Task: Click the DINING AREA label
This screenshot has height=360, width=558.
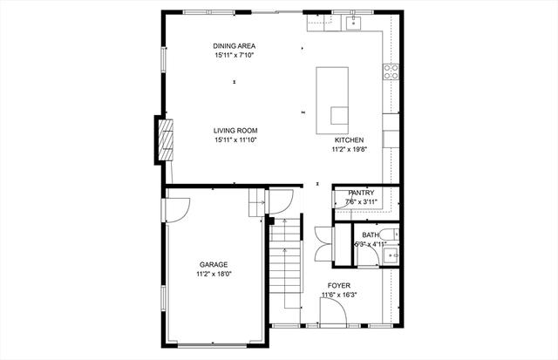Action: tap(235, 46)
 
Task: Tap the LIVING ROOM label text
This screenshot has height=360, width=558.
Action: tap(235, 131)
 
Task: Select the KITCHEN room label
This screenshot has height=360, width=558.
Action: tap(349, 140)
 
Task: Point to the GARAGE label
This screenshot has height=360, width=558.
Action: tap(214, 265)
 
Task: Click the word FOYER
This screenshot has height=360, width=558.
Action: tap(339, 285)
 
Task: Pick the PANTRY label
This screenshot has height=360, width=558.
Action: tap(361, 193)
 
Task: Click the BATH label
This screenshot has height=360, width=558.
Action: tap(371, 234)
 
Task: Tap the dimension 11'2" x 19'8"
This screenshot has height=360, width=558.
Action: tap(349, 149)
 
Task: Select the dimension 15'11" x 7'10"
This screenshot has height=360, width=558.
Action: tap(235, 55)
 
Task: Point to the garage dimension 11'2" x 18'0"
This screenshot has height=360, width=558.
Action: tap(214, 274)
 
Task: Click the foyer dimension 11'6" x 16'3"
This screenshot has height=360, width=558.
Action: tap(339, 295)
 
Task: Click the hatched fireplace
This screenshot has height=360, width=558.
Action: tap(166, 139)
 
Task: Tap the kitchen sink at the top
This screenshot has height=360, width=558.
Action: tap(353, 23)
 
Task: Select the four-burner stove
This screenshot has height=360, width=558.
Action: tap(391, 71)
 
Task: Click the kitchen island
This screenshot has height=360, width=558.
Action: tap(332, 100)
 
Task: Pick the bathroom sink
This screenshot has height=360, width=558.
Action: tap(391, 255)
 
